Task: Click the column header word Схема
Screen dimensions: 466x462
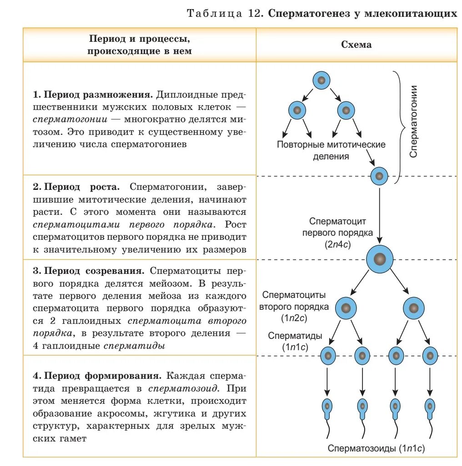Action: [356, 45]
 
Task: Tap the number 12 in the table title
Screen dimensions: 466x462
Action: [253, 13]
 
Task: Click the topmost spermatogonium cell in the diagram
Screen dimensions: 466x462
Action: [321, 81]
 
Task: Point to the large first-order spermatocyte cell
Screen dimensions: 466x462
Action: [379, 259]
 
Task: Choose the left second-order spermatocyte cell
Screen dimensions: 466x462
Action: [346, 307]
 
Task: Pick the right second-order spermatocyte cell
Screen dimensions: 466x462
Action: [413, 307]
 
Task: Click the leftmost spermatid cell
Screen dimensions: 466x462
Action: [328, 356]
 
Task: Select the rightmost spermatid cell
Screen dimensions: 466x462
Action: [429, 356]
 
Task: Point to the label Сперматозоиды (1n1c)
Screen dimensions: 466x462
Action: [377, 448]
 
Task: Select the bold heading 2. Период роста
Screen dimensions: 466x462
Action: [76, 187]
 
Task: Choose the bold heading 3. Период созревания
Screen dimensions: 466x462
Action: [89, 271]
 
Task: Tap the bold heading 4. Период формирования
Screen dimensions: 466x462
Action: [97, 377]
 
